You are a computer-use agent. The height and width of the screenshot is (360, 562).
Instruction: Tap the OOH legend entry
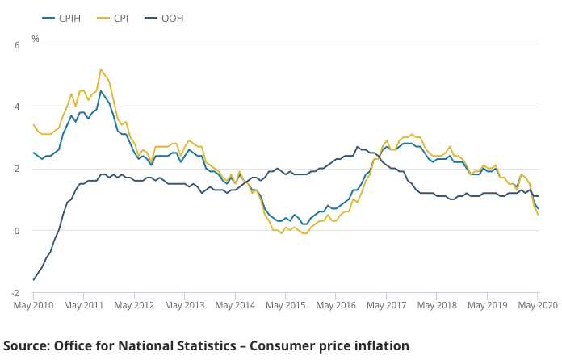pos(170,17)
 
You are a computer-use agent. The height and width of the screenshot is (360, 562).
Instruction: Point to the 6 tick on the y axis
pos(15,45)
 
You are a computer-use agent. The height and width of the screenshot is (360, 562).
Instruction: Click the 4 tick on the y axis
pos(15,107)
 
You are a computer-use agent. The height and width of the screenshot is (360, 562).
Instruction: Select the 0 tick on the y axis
pos(15,231)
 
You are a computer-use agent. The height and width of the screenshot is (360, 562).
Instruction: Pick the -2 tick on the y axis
pos(14,292)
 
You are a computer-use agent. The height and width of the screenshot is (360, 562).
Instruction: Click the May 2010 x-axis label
pos(33,306)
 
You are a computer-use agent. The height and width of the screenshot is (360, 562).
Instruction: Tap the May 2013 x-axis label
pos(185,306)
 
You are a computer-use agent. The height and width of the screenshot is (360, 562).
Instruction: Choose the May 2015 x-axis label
pos(286,306)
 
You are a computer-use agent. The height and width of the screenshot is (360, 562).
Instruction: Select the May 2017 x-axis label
pos(387,306)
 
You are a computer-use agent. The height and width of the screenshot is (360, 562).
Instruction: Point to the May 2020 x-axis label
pos(539,306)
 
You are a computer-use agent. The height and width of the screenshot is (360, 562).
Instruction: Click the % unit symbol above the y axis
pos(35,38)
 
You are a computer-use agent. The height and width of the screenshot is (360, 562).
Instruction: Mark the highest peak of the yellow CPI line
pos(101,69)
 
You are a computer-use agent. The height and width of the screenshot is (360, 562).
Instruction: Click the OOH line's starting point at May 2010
pos(33,280)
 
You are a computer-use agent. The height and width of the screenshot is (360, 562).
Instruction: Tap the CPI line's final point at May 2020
pos(538,214)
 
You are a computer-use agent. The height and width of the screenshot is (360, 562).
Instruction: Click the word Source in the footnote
pos(27,345)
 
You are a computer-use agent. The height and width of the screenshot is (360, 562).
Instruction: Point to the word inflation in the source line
pos(380,345)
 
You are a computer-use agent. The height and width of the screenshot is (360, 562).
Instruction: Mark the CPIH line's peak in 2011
pos(101,91)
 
